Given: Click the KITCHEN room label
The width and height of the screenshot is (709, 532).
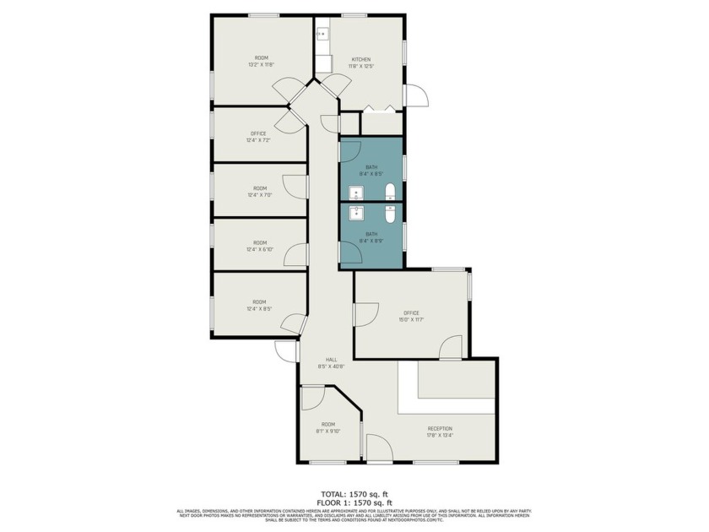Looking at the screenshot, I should [360, 59].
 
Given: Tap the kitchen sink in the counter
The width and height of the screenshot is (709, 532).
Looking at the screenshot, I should [322, 34].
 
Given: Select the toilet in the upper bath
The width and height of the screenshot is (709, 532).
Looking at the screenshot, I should [390, 190].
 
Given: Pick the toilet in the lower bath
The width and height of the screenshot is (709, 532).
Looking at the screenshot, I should [390, 215].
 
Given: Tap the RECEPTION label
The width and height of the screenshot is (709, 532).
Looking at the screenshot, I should [440, 429].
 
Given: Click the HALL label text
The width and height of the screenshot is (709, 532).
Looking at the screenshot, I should [320, 360].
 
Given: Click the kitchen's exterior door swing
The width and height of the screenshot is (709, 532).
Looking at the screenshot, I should [416, 95].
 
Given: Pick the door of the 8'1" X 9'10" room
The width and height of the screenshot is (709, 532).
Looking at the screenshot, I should [313, 397].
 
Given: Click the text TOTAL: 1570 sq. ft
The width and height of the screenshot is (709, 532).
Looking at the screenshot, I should [354, 494].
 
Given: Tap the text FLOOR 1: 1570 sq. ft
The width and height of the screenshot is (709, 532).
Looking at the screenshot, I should [354, 502].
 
